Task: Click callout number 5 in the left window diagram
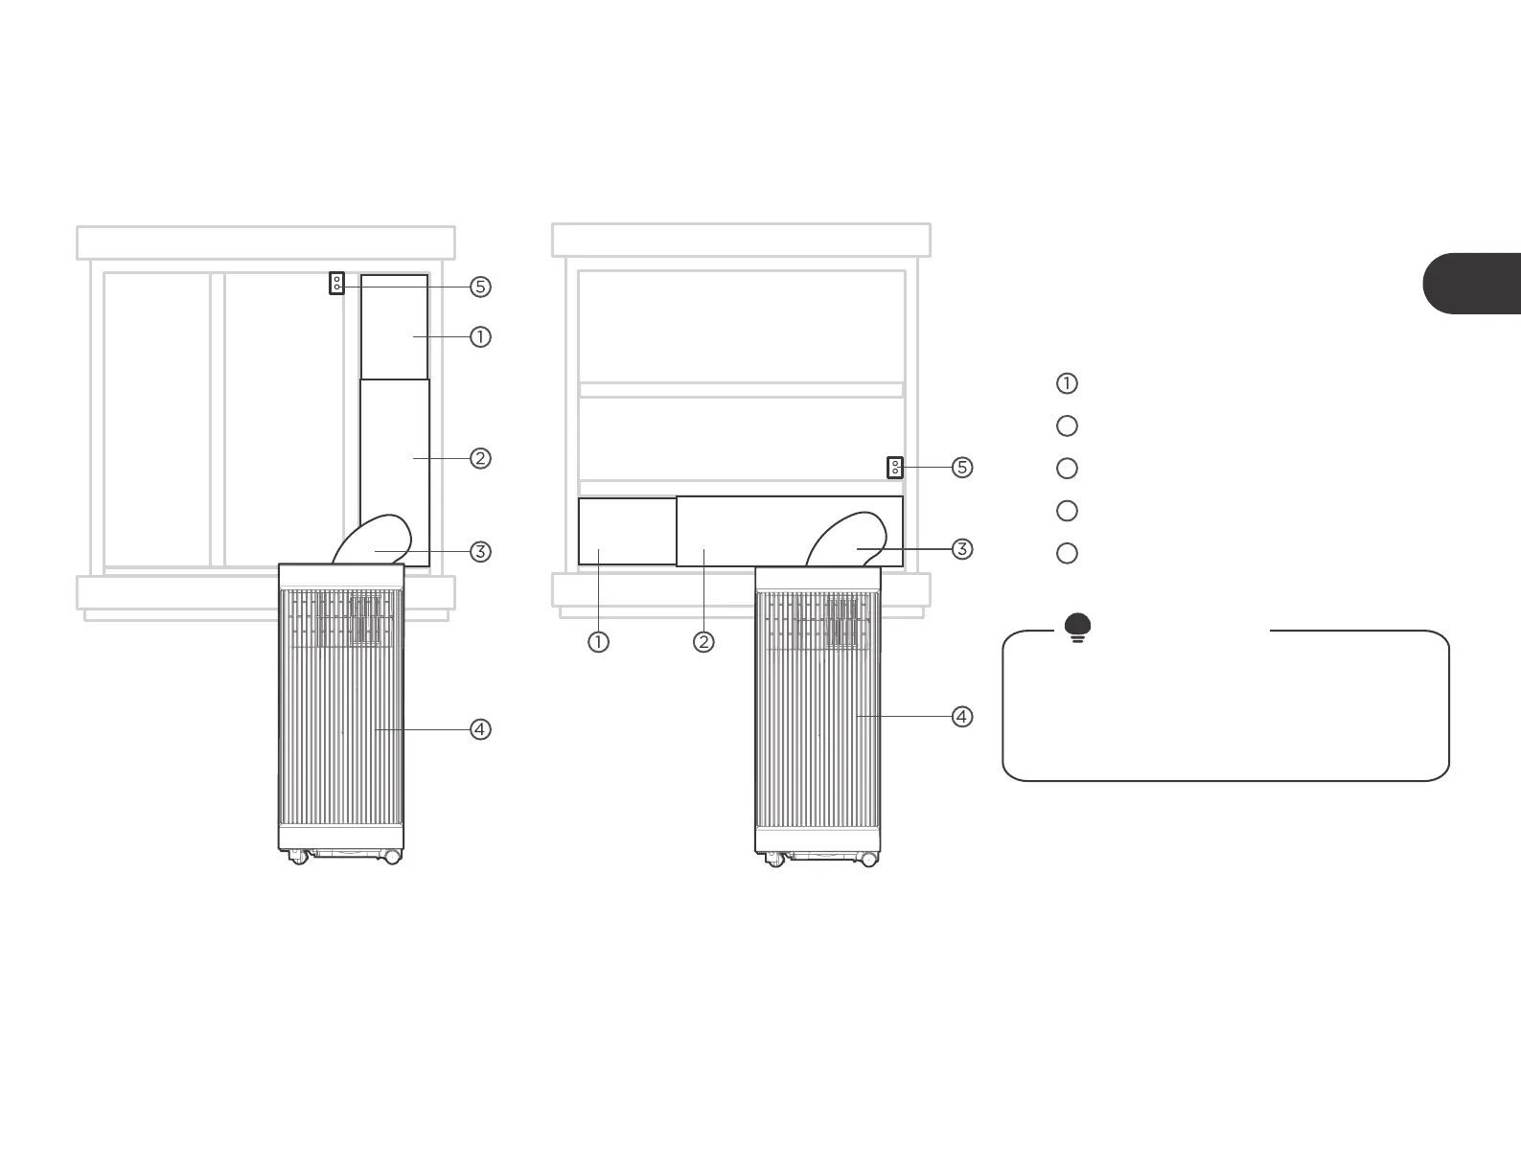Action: tap(480, 287)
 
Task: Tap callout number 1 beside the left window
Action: tap(480, 336)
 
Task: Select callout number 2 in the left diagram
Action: tap(480, 458)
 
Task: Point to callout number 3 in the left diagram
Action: tap(480, 551)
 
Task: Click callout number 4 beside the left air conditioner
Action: tap(480, 729)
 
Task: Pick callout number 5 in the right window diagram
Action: tap(961, 468)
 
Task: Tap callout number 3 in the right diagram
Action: tap(961, 549)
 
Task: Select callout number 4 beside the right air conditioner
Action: tap(961, 716)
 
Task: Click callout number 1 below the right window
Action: tap(598, 642)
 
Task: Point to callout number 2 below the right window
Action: tap(703, 642)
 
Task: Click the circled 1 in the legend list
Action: tap(1067, 383)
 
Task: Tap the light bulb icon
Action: tap(1078, 627)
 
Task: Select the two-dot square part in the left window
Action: tap(336, 284)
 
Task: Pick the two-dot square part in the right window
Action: tap(895, 468)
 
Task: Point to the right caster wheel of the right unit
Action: tap(868, 860)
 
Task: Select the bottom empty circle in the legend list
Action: tap(1067, 553)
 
